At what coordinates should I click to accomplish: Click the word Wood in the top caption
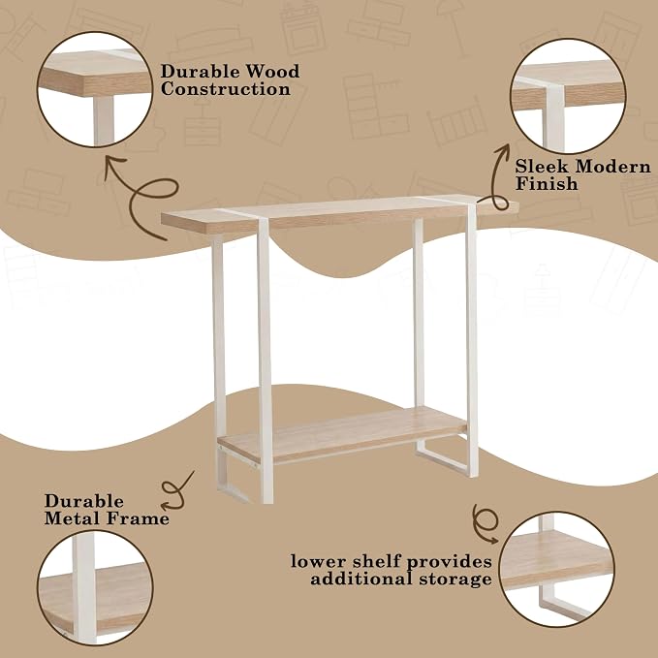(x=272, y=72)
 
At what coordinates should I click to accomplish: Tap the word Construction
(x=226, y=89)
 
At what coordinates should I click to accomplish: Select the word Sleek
(x=542, y=166)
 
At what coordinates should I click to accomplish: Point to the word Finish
(x=547, y=183)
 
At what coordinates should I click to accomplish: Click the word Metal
(x=72, y=518)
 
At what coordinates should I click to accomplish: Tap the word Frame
(x=138, y=518)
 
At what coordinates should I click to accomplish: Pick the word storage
(x=455, y=580)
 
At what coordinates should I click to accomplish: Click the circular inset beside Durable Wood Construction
(x=95, y=90)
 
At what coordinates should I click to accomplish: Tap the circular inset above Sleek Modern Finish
(x=568, y=97)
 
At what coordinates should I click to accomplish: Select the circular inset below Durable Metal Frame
(x=95, y=587)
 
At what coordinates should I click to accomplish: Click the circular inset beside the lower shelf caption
(x=557, y=570)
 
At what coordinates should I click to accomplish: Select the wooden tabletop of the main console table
(x=340, y=214)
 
